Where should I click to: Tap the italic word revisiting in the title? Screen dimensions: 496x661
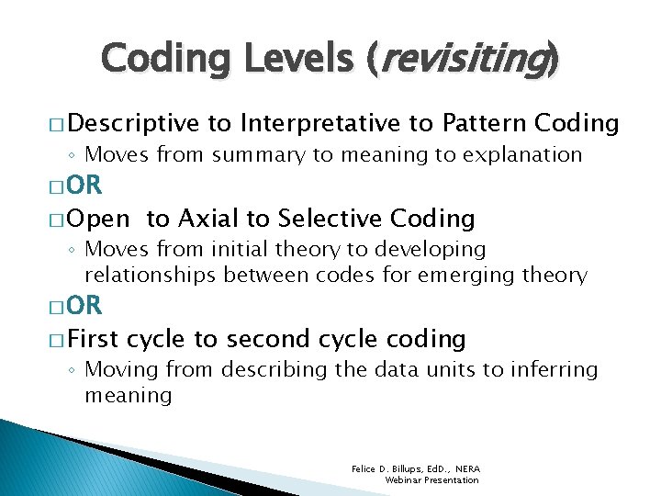click(x=462, y=60)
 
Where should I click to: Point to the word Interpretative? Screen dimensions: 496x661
click(x=321, y=123)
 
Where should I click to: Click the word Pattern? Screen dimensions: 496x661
click(x=483, y=123)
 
